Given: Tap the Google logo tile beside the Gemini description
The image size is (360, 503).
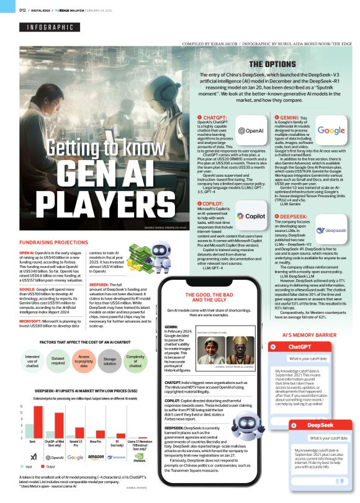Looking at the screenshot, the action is coord(330,131).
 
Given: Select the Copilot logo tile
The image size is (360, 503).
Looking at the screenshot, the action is coord(251,199).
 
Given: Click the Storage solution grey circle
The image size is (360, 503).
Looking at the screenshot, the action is coord(109,362).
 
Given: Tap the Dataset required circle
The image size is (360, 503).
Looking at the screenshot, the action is coord(58,362).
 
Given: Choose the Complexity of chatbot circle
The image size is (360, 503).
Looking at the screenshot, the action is coord(135,362).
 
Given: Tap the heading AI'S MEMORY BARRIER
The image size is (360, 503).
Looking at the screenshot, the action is coord(305,335).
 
